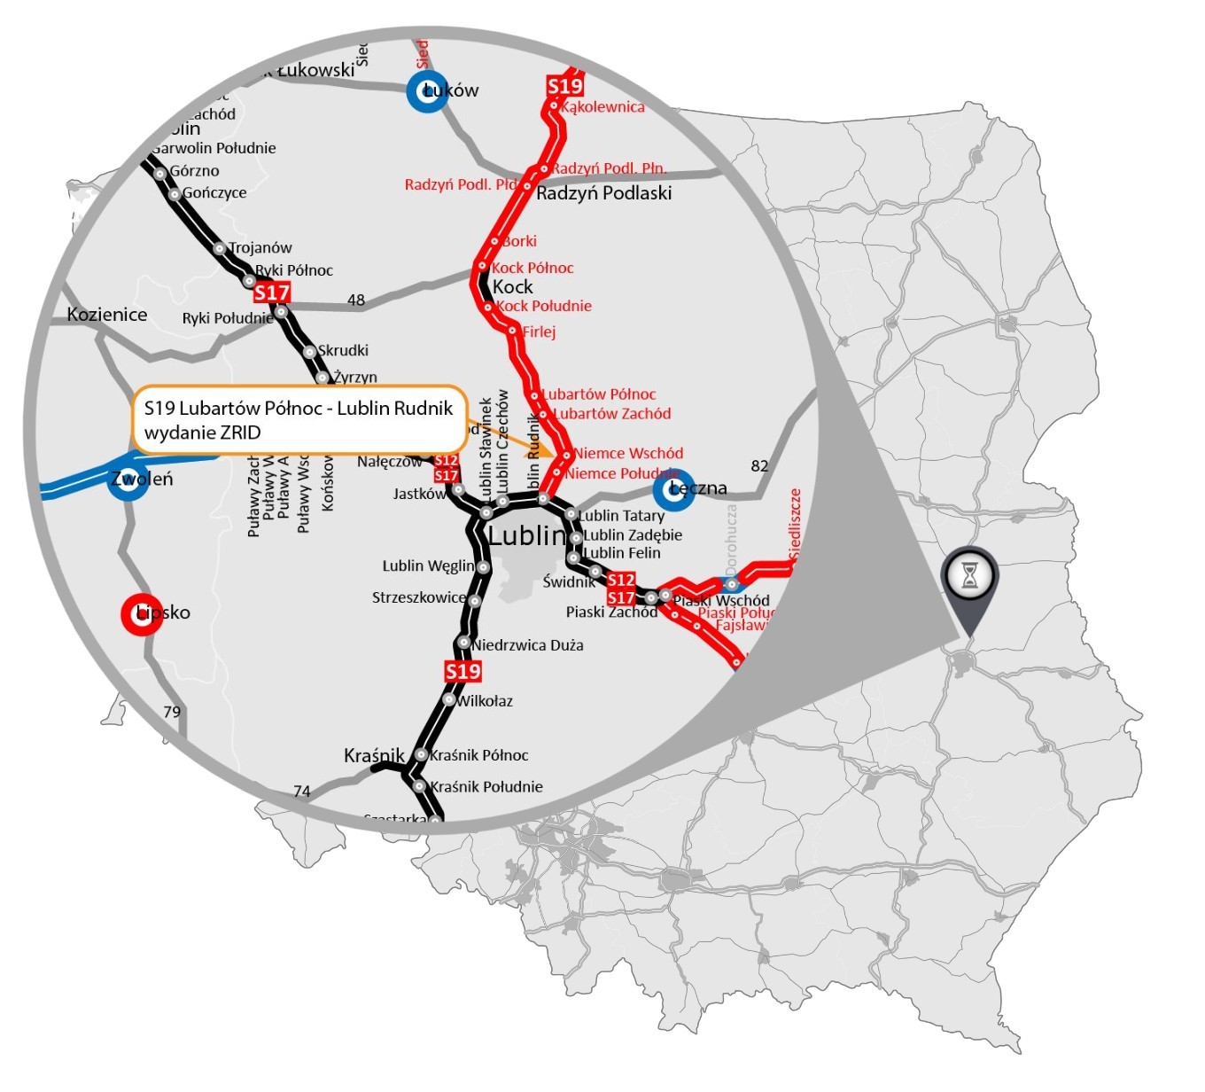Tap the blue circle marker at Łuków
pos(427,91)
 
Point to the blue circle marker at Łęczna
pos(673,490)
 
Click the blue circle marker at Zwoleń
pos(128,480)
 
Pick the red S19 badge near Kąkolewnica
pos(564,86)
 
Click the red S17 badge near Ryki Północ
pos(272,292)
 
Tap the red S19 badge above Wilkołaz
pos(463,671)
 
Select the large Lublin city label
pos(526,535)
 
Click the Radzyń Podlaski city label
pos(604,193)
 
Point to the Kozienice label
pos(107,315)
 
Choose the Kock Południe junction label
pos(544,307)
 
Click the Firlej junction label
pos(539,332)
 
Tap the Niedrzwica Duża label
pos(528,645)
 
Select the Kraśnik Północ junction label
pos(479,755)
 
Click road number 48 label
pos(356,300)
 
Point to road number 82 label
pos(759,466)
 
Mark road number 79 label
pos(172,712)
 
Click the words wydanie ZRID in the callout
pos(203,433)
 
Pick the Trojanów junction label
pos(260,248)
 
